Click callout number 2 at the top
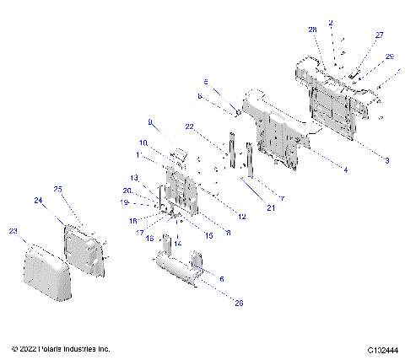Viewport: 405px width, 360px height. coord(331,23)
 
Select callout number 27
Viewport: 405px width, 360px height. coord(379,35)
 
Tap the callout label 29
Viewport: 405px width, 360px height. coord(389,56)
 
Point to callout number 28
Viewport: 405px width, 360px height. coord(312,30)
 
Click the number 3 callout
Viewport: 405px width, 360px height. coord(386,160)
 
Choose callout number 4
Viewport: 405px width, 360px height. coord(345,169)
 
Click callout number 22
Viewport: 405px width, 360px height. coord(190,126)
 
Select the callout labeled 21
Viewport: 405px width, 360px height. coord(271,207)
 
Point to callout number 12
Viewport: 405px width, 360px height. coord(242,217)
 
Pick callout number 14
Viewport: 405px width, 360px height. coord(177,243)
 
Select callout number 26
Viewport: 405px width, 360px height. coord(237,303)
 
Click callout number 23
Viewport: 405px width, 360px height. coord(13,229)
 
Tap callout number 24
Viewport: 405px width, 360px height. coord(38,200)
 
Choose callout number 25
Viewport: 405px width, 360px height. coord(58,188)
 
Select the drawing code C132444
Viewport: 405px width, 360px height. coord(383,349)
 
